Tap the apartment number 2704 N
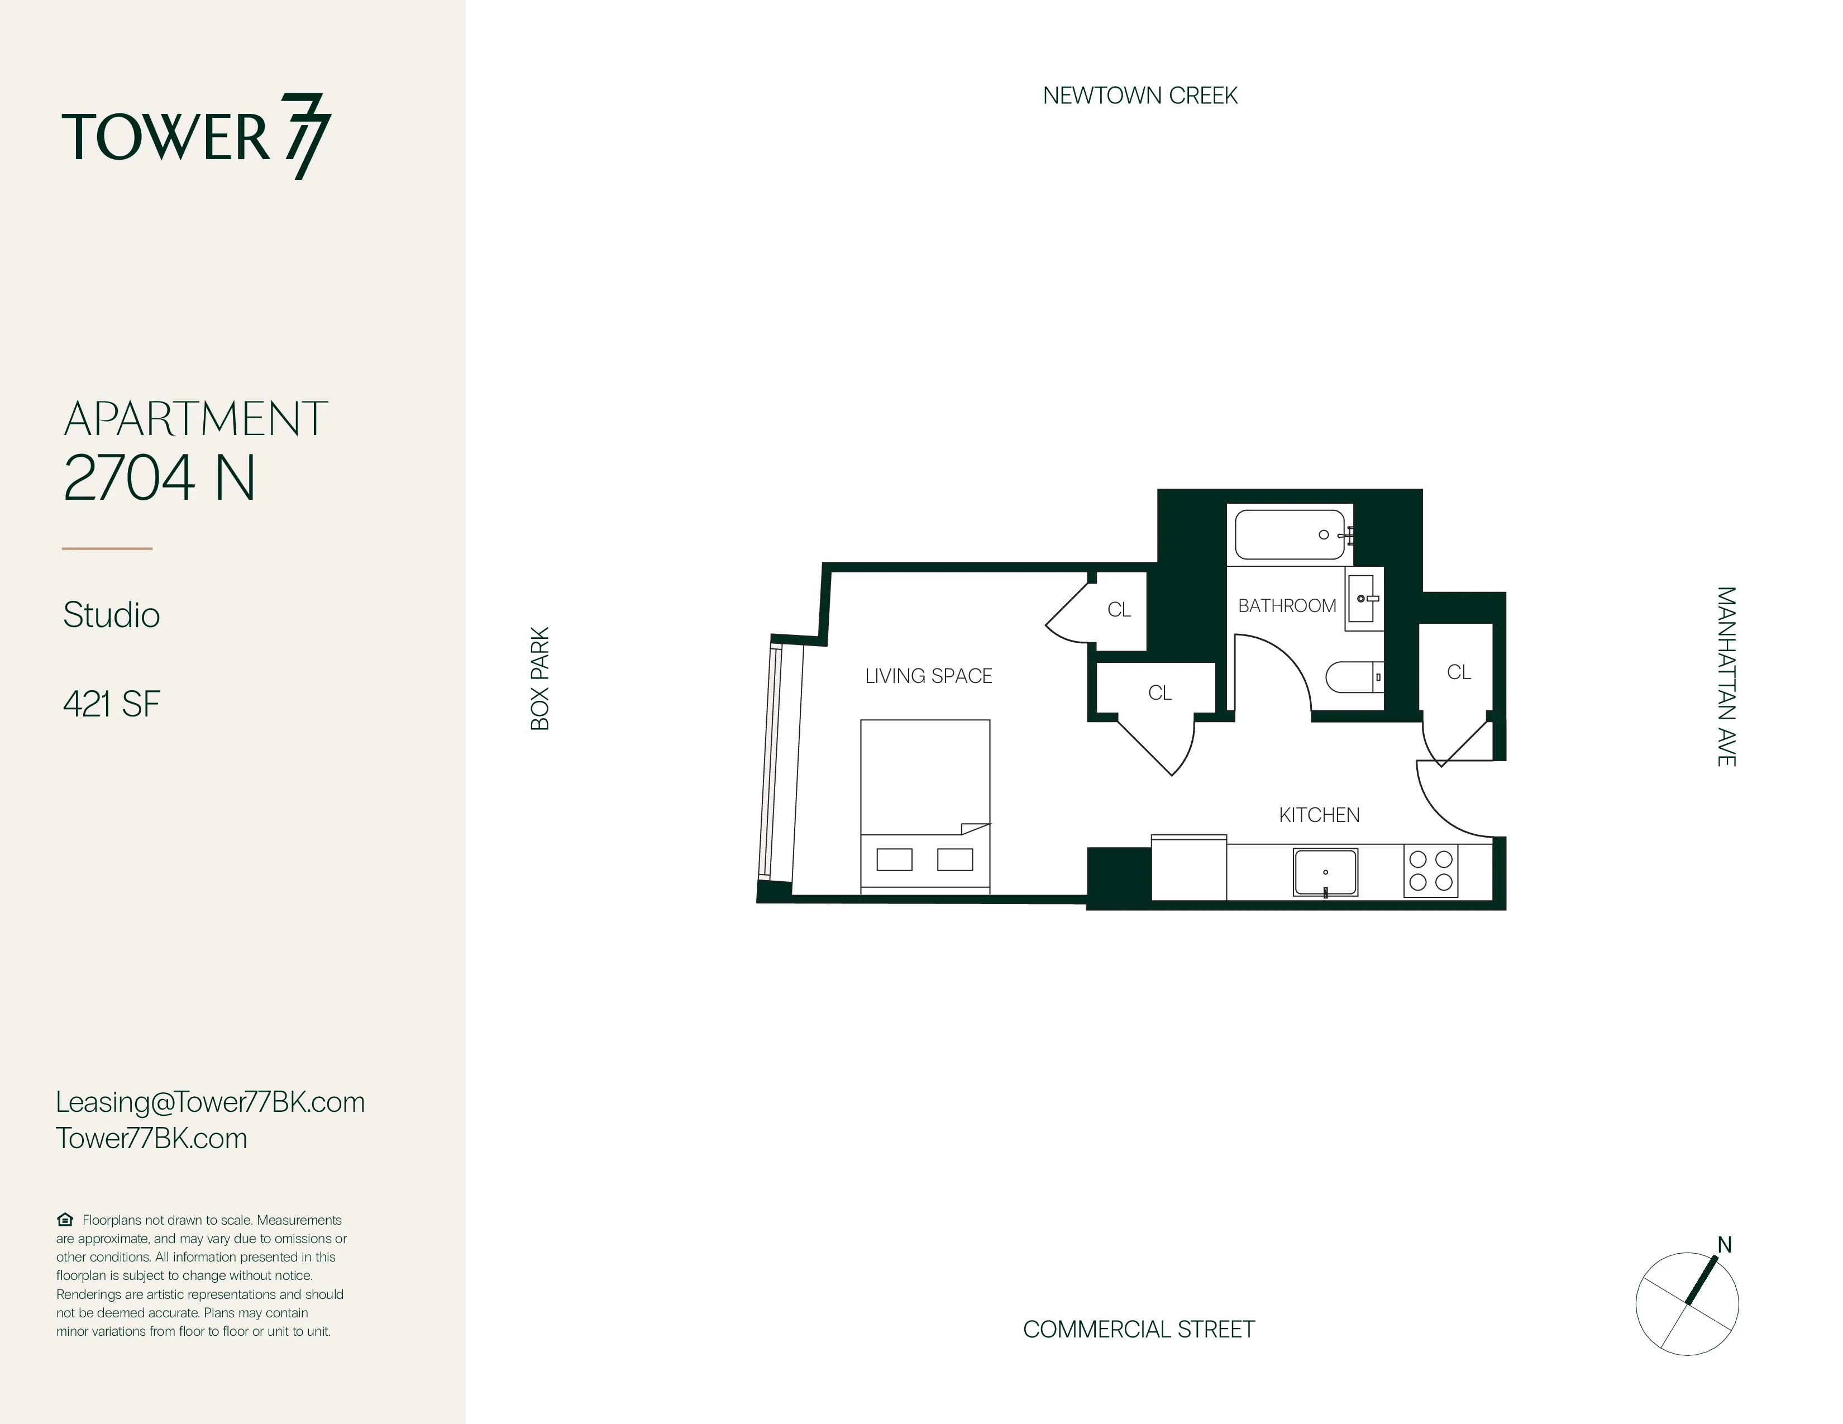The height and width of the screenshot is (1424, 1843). click(x=160, y=479)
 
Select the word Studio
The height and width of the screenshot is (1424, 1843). click(x=111, y=615)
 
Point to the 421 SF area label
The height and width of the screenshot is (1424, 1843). click(x=111, y=704)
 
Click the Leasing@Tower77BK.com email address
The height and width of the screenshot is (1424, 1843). click(x=210, y=1102)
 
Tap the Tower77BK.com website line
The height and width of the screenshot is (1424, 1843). click(x=152, y=1138)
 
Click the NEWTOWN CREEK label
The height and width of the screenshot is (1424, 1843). click(x=1140, y=96)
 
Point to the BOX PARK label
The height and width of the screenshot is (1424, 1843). click(x=540, y=678)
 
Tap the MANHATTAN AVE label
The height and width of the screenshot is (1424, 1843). click(x=1726, y=677)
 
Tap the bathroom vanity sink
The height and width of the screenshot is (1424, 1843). click(x=1361, y=598)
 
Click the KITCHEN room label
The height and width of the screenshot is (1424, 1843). click(x=1319, y=815)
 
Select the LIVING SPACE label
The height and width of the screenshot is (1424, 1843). click(x=928, y=676)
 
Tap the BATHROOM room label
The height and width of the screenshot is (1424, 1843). click(x=1287, y=606)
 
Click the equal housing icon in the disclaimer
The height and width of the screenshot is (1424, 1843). click(x=65, y=1220)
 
